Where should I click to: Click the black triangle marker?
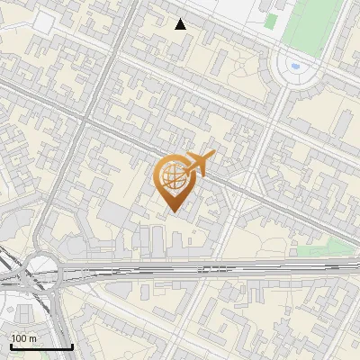(181, 24)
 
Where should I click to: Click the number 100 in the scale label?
(20, 338)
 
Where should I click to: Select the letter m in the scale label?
(33, 338)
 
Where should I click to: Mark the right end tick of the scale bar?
(72, 346)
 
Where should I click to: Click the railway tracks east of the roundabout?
(180, 269)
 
